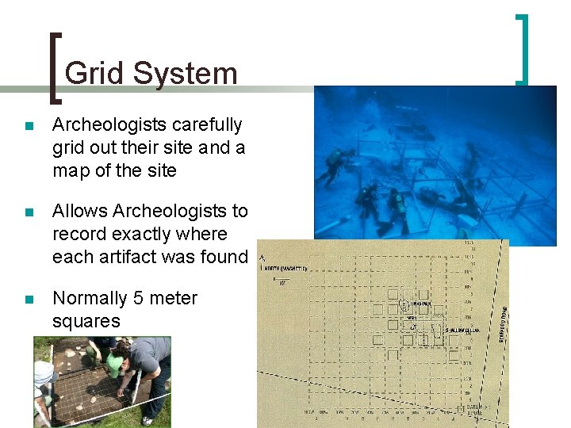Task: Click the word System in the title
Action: tap(186, 73)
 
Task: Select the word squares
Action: tap(86, 321)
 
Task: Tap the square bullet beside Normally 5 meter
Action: tap(29, 300)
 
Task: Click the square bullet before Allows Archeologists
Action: tap(29, 212)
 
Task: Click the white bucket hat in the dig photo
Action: tap(44, 372)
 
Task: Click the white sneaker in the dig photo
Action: tap(147, 421)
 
